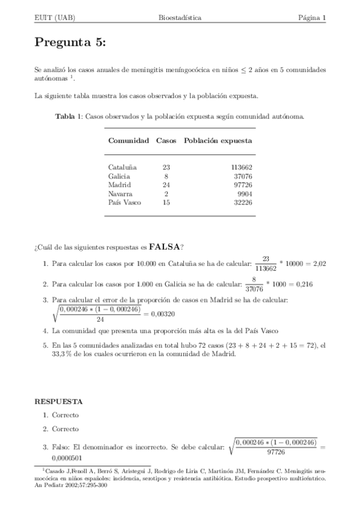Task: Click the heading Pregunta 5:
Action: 70,42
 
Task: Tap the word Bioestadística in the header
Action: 180,18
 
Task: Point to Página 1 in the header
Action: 312,18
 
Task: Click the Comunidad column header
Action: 128,141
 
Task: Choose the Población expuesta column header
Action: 218,141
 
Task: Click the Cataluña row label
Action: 123,167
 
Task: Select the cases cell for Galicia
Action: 166,176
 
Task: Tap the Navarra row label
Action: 121,194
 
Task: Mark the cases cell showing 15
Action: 166,203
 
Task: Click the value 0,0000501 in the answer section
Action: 69,458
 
